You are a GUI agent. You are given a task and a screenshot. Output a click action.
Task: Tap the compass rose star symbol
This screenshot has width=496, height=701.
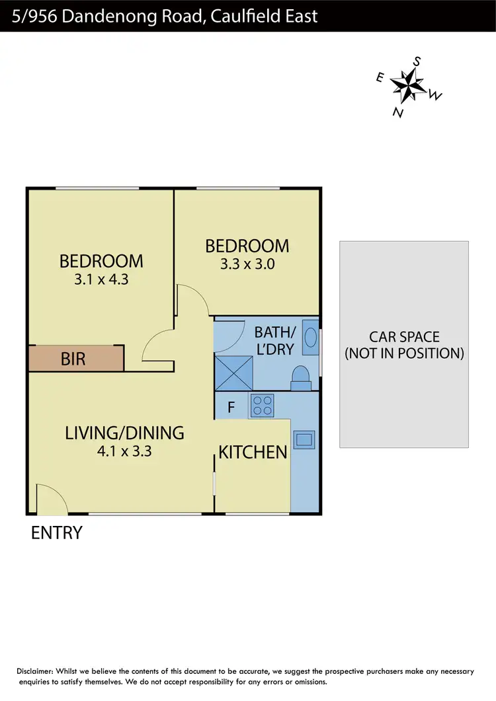[x=407, y=85]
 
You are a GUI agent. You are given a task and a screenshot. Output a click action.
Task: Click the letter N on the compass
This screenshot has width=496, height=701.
[x=398, y=112]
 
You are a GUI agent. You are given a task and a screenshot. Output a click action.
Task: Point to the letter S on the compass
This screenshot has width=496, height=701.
[x=417, y=61]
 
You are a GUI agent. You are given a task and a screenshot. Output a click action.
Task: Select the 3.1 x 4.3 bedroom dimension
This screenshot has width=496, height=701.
[x=101, y=279]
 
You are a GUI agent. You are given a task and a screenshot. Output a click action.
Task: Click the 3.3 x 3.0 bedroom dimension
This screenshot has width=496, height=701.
[x=247, y=264]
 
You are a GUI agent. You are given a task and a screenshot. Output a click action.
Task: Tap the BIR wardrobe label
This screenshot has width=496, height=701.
[x=73, y=359]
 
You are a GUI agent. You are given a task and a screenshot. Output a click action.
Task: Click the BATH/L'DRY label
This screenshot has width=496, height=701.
[x=274, y=340]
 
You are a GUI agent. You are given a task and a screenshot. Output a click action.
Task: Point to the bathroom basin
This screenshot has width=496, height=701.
[x=310, y=338]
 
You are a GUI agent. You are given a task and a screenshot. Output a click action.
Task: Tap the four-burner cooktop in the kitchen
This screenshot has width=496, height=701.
[x=261, y=405]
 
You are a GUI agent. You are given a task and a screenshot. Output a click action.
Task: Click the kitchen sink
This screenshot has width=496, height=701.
[x=304, y=439]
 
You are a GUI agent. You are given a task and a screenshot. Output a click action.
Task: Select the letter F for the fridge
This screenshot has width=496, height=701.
[x=231, y=407]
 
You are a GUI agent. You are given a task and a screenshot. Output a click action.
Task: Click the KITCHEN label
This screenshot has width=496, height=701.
[x=253, y=453]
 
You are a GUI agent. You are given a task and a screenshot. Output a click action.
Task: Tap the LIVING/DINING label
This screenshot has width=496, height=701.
[x=124, y=433]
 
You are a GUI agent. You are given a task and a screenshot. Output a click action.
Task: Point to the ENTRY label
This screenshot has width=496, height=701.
[x=57, y=533]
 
